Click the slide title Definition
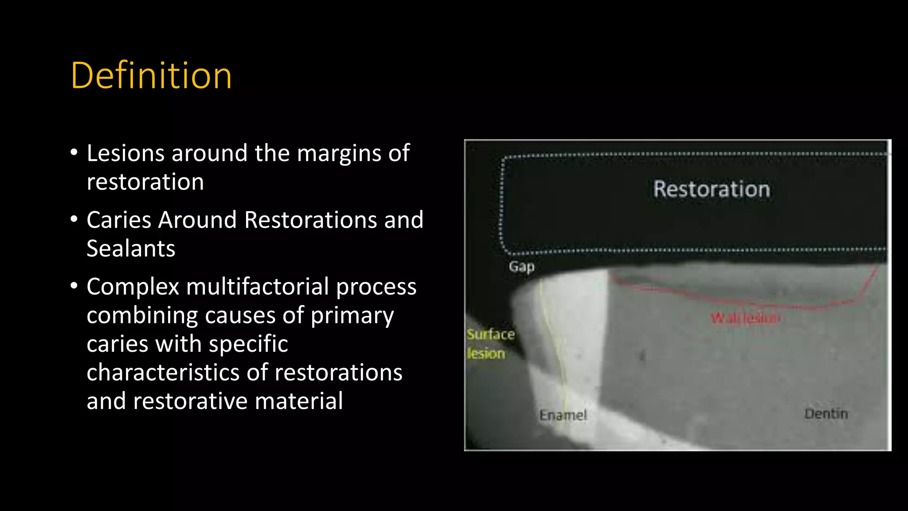[151, 76]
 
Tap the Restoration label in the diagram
[712, 189]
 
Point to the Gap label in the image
[521, 267]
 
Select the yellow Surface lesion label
[490, 344]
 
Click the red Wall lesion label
[745, 318]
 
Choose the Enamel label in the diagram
[563, 415]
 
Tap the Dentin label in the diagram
[826, 414]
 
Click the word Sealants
[131, 248]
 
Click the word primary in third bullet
[352, 316]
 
